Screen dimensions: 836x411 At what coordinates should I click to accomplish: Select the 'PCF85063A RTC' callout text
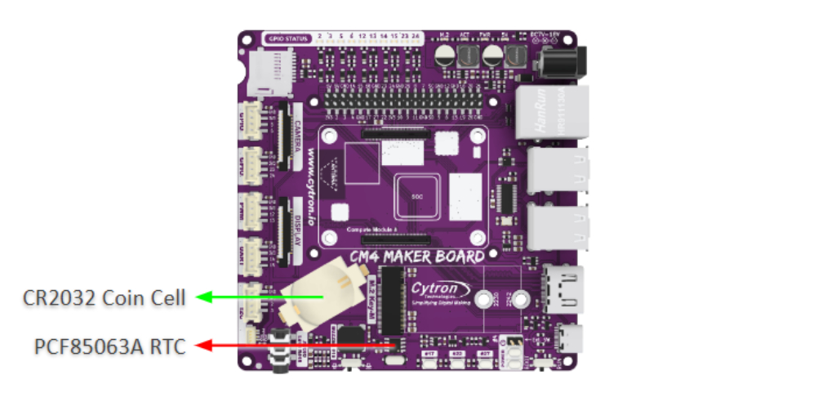[x=110, y=346]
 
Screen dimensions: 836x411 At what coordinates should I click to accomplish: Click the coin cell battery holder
[x=321, y=294]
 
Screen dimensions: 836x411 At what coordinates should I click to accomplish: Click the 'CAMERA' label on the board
[x=299, y=134]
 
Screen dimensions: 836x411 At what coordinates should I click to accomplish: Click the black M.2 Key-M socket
[x=392, y=303]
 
